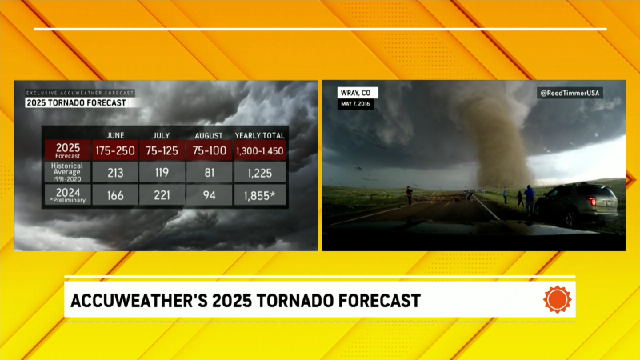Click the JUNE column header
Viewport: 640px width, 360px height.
tap(115, 135)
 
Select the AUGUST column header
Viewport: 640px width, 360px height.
tap(209, 135)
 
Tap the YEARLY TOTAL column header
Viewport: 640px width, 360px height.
tap(259, 135)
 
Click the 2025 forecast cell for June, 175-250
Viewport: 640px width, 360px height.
tap(115, 150)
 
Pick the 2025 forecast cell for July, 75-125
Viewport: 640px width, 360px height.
tap(162, 150)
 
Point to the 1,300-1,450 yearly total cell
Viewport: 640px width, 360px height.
tap(260, 150)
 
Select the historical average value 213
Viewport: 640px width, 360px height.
tap(115, 173)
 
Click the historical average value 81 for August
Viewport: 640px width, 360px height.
tap(209, 173)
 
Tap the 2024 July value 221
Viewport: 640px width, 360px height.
tap(162, 195)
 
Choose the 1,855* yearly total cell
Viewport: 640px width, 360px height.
tap(260, 195)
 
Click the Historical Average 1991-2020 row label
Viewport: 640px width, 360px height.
tap(67, 172)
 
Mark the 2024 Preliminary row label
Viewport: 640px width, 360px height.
tap(68, 194)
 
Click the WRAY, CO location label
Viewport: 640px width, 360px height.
tap(356, 93)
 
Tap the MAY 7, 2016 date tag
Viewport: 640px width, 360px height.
tap(355, 104)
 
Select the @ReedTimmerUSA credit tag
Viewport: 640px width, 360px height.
tap(570, 93)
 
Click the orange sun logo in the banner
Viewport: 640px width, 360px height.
tap(557, 300)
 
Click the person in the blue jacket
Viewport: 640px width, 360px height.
tap(529, 199)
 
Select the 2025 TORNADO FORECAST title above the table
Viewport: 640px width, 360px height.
tap(76, 103)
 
